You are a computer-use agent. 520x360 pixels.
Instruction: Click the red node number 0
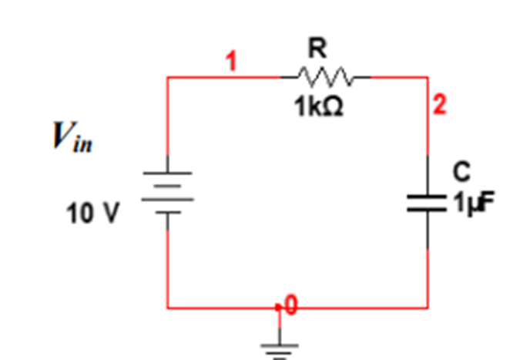click(x=290, y=305)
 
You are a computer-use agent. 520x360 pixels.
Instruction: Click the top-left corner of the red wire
click(x=167, y=77)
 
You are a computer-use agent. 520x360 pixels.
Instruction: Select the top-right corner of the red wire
click(x=428, y=77)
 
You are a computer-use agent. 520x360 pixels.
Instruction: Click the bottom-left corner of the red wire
click(x=167, y=308)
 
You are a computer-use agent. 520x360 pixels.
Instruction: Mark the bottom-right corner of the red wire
click(x=428, y=308)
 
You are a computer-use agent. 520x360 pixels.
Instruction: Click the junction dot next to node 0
click(x=280, y=308)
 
